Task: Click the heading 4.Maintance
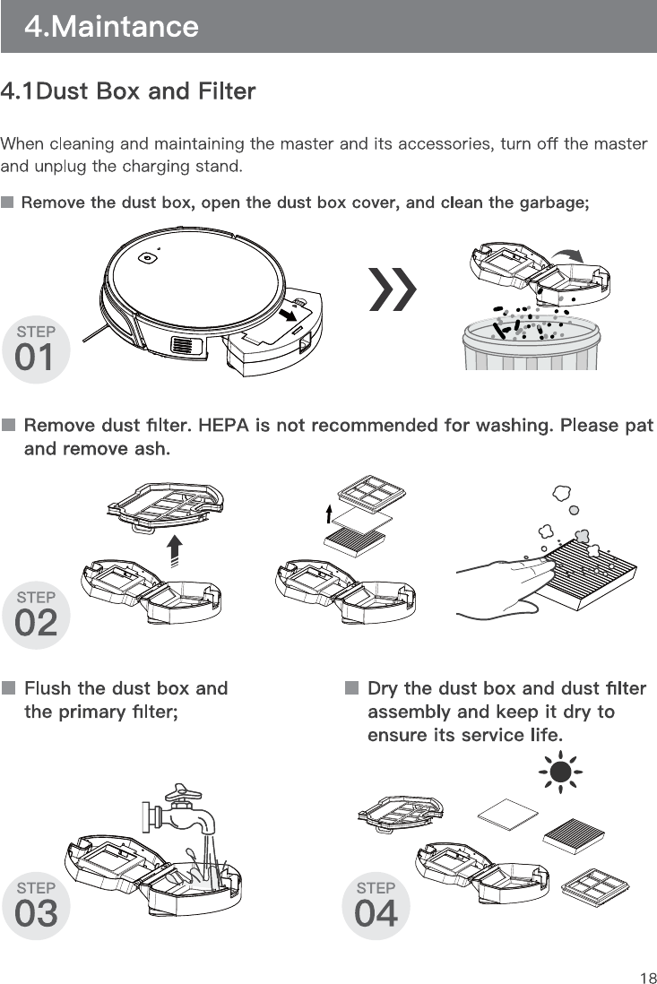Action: tap(110, 27)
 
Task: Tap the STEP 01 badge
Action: tap(36, 350)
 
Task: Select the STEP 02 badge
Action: tap(36, 615)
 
